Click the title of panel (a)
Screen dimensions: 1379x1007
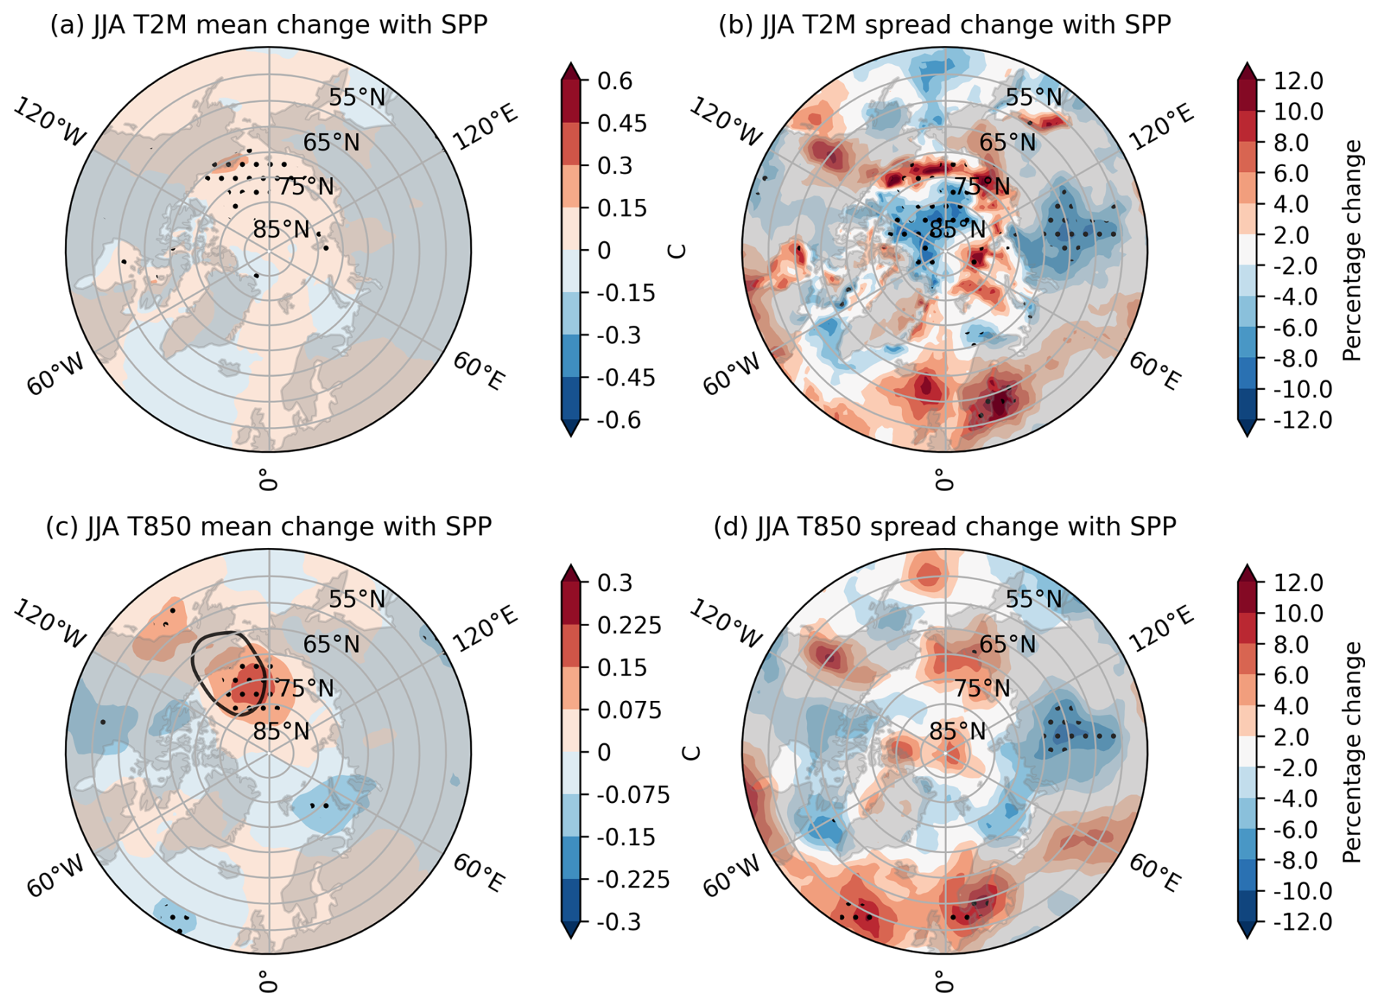(268, 25)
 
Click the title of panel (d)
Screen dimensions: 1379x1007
(945, 527)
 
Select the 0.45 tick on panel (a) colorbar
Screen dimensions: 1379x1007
(622, 123)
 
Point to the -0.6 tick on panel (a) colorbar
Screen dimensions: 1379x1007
(619, 420)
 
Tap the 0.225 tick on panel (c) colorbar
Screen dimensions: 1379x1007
(629, 625)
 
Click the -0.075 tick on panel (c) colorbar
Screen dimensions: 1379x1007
(633, 795)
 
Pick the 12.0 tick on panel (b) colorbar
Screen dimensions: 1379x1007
(1298, 81)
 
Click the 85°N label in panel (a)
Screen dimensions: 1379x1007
(281, 230)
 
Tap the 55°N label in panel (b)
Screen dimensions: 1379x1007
(1034, 97)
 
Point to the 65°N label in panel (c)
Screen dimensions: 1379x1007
(332, 644)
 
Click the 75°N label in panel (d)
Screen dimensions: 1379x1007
(983, 688)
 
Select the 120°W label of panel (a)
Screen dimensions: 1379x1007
(50, 122)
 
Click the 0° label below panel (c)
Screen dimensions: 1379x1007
(268, 981)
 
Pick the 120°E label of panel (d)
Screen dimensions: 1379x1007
(1163, 630)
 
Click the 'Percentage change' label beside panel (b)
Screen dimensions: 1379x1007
(1352, 251)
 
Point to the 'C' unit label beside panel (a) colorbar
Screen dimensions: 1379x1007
(677, 251)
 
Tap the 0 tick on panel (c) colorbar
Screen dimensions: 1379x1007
(604, 753)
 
